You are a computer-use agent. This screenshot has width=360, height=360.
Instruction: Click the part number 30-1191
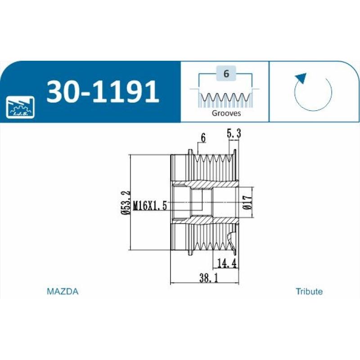pos(103,92)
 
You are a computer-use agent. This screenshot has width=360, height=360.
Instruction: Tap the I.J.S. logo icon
pos(20,107)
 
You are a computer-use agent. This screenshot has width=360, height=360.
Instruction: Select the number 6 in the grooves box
pos(226,73)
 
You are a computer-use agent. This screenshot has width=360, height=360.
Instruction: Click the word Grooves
pos(226,113)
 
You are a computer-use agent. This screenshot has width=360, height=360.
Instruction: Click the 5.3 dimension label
pos(234,133)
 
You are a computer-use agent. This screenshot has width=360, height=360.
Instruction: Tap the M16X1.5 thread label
pos(150,206)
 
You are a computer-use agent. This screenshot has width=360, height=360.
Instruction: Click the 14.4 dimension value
pos(227,263)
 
